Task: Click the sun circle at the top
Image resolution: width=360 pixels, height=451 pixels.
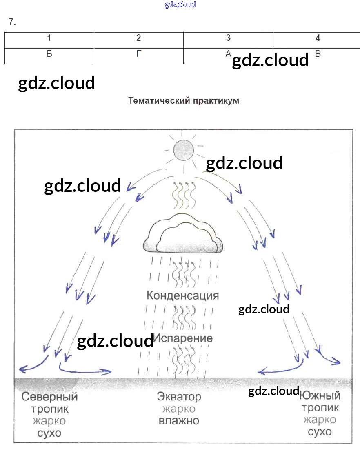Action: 182,151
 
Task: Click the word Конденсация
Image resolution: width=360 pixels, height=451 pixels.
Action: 182,295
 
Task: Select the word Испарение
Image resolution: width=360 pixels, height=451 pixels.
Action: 183,338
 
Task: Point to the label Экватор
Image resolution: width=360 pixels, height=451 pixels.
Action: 179,396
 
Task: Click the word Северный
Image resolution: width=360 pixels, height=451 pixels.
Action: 49,396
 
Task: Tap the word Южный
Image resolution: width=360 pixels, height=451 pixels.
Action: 320,395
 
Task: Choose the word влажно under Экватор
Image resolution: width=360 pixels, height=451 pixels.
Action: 179,421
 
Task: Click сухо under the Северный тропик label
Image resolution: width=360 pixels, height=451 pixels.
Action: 49,433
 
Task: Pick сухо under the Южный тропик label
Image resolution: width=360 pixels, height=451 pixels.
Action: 320,432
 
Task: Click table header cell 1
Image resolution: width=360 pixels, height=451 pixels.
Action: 49,38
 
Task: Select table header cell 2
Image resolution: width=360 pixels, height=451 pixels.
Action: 139,38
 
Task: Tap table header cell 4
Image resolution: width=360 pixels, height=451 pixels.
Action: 318,38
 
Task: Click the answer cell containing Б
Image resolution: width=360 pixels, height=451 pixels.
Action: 49,54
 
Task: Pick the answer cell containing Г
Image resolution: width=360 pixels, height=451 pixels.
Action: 139,54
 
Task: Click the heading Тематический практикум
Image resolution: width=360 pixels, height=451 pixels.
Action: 183,100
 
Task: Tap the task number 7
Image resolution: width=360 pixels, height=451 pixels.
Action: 12,22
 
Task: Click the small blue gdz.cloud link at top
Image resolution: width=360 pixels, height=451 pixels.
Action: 180,4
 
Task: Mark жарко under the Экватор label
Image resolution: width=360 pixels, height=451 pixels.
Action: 179,409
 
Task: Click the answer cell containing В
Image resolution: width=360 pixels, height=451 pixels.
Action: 318,54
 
